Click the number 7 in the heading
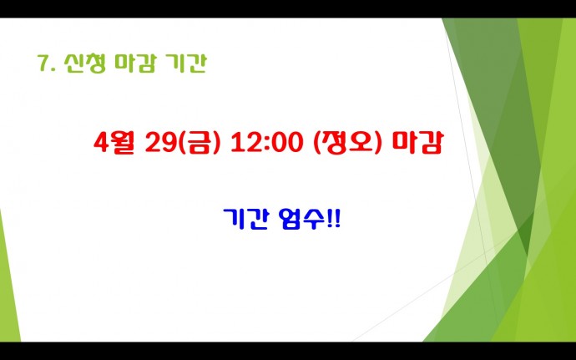coord(43,64)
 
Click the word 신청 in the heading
coord(85,63)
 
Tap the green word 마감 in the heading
coord(135,63)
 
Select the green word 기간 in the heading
coord(186,63)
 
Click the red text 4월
coord(114,143)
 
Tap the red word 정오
coord(346,142)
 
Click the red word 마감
coord(417,142)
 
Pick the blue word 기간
coord(245,220)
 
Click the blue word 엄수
coord(301,220)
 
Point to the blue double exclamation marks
coord(333,220)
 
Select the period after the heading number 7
coord(53,70)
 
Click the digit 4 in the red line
coord(100,143)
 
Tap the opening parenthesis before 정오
coord(317,143)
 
